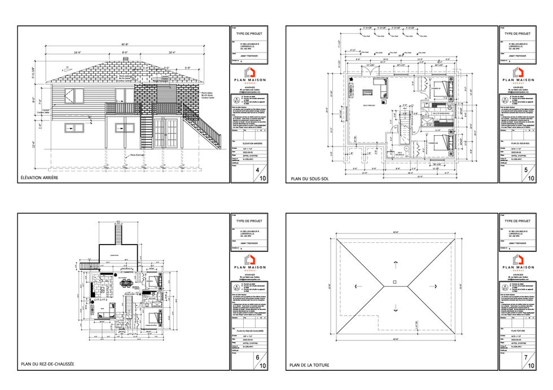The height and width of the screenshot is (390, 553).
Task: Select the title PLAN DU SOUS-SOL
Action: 310,179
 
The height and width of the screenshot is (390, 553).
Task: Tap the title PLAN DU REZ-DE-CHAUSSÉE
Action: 47,365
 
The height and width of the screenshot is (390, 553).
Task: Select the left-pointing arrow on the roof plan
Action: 355,286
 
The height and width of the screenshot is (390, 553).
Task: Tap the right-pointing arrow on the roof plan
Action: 436,286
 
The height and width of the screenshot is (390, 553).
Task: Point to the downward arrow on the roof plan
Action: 395,308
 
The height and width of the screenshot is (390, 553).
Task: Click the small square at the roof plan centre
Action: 395,281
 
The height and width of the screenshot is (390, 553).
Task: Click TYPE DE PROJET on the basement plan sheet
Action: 518,33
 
